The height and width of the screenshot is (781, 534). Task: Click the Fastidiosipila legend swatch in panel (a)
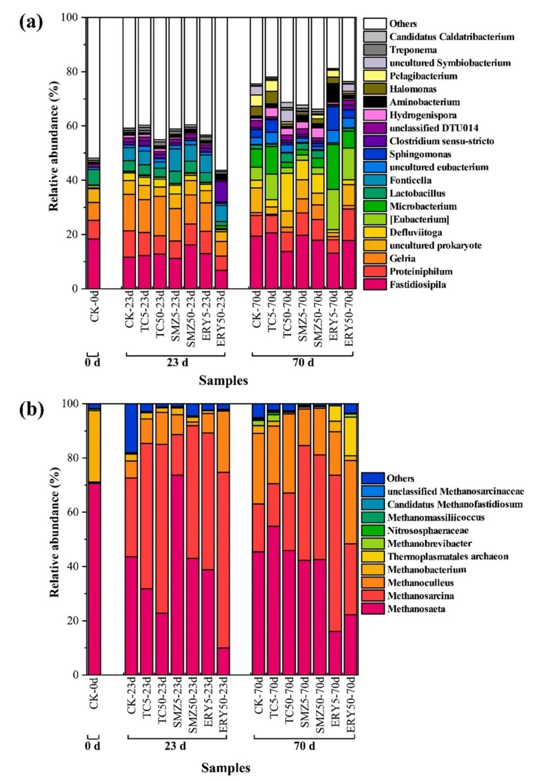point(375,284)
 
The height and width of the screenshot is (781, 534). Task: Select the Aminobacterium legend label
point(424,102)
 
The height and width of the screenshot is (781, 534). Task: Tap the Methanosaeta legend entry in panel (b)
point(416,609)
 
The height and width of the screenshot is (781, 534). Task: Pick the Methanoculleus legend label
point(420,583)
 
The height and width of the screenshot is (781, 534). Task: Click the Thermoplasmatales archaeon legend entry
point(447,556)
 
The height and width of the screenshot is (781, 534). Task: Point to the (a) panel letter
point(31,22)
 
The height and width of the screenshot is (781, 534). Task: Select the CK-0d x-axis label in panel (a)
point(94,308)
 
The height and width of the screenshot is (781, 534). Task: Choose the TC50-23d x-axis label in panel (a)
point(160,317)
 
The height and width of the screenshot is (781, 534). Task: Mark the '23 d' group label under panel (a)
point(177,363)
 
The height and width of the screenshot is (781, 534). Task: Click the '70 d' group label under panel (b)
point(304,746)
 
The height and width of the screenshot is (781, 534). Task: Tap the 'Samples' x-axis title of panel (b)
point(225,768)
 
